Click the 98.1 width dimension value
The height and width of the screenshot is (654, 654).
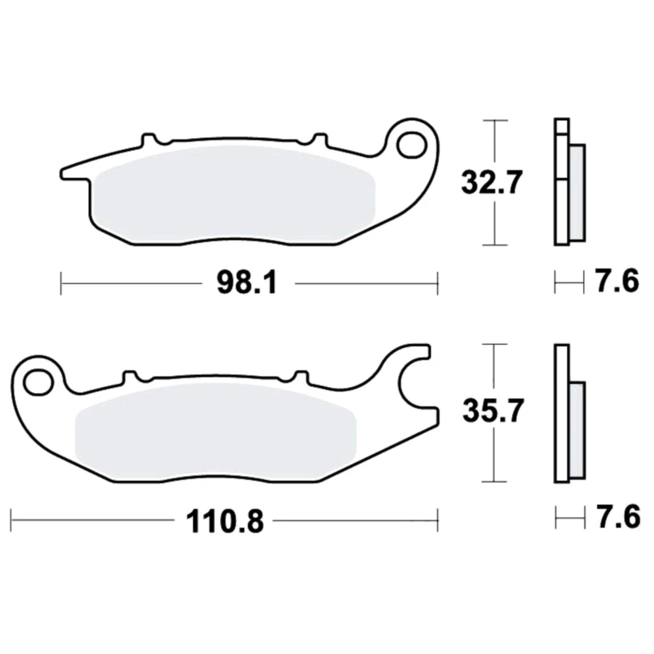click(x=247, y=284)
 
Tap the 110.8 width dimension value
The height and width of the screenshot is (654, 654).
click(x=225, y=521)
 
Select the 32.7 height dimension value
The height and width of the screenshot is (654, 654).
click(x=492, y=182)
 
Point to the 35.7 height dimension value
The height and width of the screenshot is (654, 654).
click(x=493, y=411)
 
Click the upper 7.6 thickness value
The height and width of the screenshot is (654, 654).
click(x=617, y=281)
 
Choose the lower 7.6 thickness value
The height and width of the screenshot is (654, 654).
click(x=618, y=517)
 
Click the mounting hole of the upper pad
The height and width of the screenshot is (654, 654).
click(x=411, y=145)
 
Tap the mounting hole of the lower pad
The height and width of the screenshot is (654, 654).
click(x=38, y=382)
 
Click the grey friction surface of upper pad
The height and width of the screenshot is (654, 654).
click(x=234, y=194)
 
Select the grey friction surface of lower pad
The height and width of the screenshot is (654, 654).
click(x=215, y=432)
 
